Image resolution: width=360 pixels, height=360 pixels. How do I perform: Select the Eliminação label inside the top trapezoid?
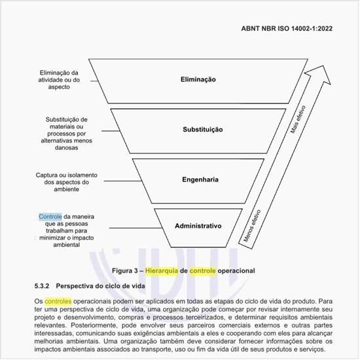pyautogui.click(x=198, y=79)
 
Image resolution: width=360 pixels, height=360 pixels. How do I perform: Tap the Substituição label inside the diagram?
pyautogui.click(x=198, y=130)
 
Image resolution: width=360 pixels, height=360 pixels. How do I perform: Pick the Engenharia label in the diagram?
pyautogui.click(x=198, y=178)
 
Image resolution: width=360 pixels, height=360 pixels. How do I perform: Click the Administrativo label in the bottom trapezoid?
pyautogui.click(x=198, y=226)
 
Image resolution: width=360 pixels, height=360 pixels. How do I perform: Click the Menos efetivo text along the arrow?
pyautogui.click(x=253, y=226)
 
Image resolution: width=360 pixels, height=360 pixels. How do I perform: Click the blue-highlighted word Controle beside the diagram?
pyautogui.click(x=50, y=217)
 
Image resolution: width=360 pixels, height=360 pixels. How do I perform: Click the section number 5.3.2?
pyautogui.click(x=43, y=286)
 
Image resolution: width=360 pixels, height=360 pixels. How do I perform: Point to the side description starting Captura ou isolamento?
pyautogui.click(x=59, y=182)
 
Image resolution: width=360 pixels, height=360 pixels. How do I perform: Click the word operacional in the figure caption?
pyautogui.click(x=236, y=270)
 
